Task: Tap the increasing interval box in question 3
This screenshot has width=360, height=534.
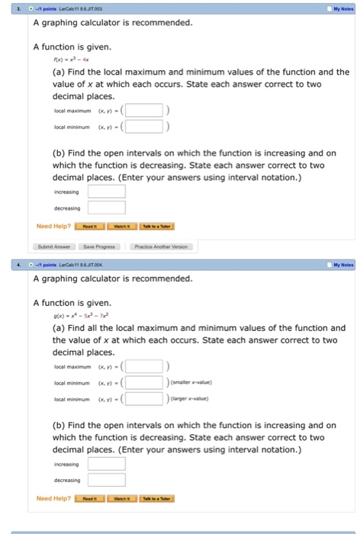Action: pyautogui.click(x=107, y=190)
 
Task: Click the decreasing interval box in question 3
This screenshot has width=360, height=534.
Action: pyautogui.click(x=107, y=207)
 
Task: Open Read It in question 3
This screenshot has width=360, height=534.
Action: pyautogui.click(x=90, y=226)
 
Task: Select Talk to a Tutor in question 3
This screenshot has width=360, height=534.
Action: pyautogui.click(x=156, y=226)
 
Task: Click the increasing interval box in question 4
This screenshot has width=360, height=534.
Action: pyautogui.click(x=107, y=462)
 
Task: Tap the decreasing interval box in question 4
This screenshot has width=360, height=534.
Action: pyautogui.click(x=107, y=480)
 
